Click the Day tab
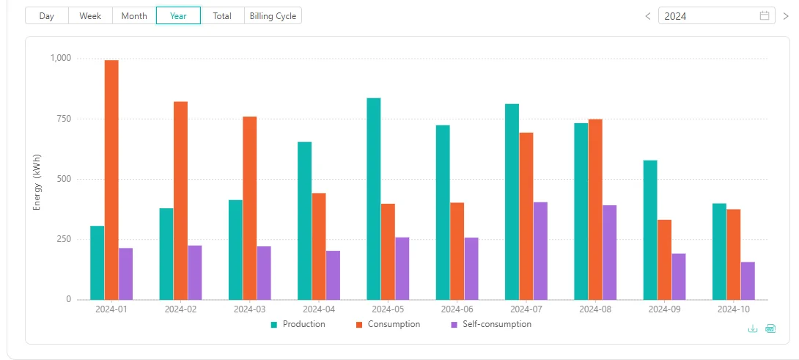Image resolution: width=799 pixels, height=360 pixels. pos(47,16)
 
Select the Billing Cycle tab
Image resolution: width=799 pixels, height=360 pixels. pos(273,16)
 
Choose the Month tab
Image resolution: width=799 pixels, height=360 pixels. pos(134,16)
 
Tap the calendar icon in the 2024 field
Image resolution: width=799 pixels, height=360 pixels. pos(765,16)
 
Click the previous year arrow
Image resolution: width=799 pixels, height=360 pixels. pos(648,16)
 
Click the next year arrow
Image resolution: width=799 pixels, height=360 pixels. pos(786,16)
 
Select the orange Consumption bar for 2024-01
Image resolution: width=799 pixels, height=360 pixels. pos(111,180)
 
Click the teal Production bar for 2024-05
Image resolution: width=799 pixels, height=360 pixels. pos(374,199)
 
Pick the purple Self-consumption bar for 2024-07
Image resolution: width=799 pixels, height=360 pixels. pos(540,251)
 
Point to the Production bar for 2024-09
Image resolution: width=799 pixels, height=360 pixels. pos(650,230)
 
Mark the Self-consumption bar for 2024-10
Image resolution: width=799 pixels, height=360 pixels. pos(748,281)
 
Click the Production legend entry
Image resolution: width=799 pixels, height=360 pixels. pos(298,324)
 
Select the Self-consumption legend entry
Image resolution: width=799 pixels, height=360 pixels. pos(490,324)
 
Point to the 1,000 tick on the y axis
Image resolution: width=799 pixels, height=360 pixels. pos(60,58)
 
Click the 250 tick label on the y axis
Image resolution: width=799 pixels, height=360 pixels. pos(64,239)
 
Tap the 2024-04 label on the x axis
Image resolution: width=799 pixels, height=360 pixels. pos(319,309)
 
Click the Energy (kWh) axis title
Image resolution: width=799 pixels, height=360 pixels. pos(37,182)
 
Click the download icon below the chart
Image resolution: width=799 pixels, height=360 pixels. pos(753,328)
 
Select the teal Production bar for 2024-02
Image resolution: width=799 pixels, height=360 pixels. pos(166,254)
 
